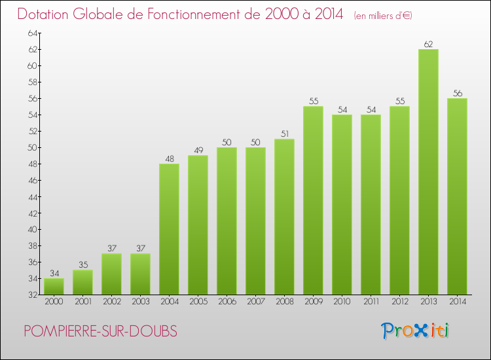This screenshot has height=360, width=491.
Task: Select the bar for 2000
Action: pos(54,286)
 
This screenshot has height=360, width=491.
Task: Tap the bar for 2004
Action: pos(169,228)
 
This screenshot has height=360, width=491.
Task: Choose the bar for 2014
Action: pos(457,196)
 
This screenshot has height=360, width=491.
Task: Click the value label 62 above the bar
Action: pos(428,45)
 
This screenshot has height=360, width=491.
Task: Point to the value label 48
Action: pos(169,159)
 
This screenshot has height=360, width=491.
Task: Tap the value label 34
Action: pos(54,274)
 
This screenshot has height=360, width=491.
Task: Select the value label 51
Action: pos(284,134)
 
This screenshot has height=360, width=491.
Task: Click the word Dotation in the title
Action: pos(47,14)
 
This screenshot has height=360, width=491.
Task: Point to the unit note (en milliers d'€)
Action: pos(382,16)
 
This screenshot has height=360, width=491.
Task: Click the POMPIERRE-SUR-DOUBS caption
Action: pos(100,332)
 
